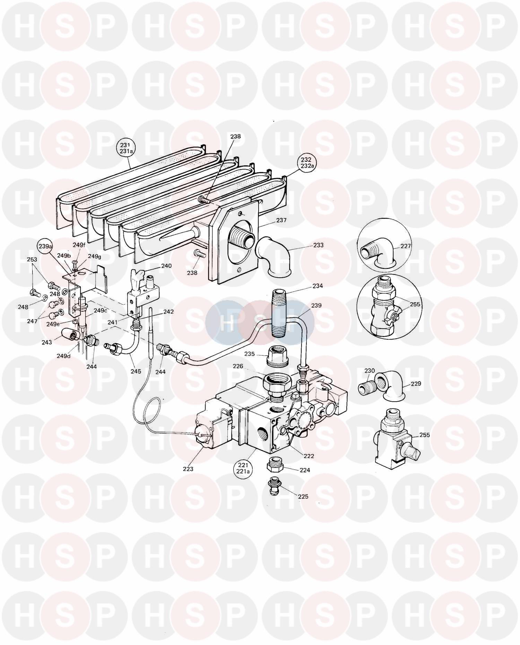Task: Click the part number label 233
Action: (318, 245)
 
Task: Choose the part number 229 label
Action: (416, 384)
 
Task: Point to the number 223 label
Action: (188, 469)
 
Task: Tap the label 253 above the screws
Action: (32, 259)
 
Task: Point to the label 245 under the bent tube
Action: (136, 371)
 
